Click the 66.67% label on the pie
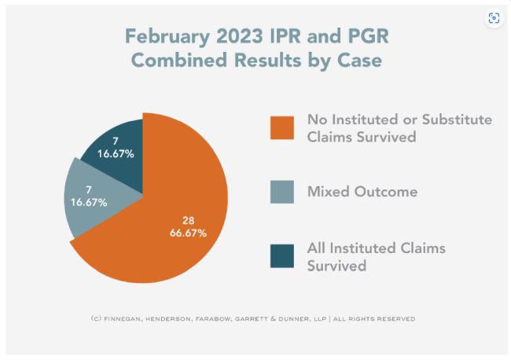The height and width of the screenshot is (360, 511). [189, 233]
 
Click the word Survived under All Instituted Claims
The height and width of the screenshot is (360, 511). [336, 266]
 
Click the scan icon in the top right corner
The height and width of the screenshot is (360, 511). [494, 18]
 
